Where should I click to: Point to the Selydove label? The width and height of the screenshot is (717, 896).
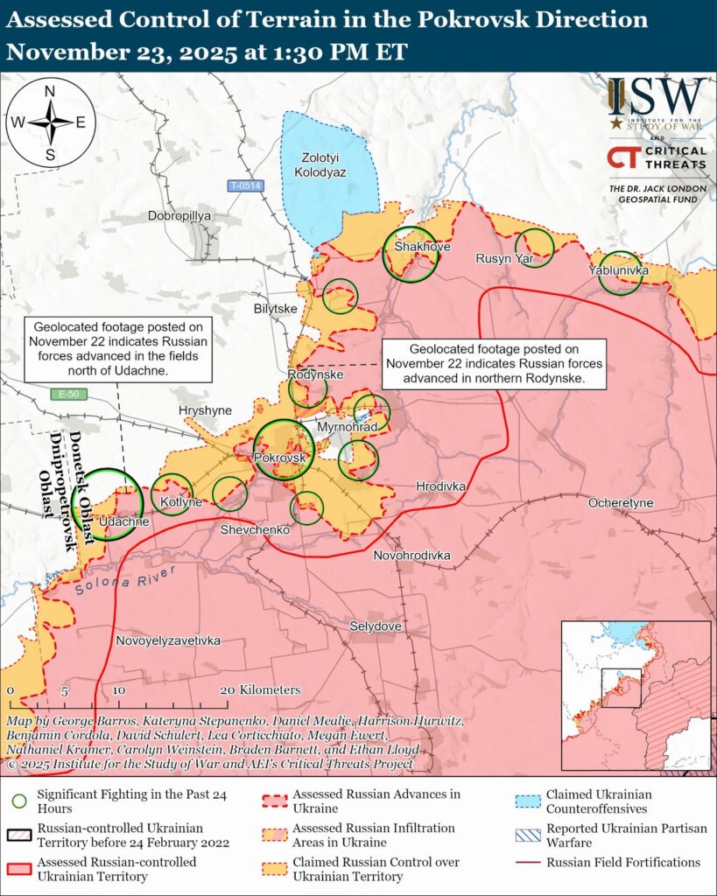pos(375,626)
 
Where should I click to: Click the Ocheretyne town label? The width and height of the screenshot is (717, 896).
pos(620,503)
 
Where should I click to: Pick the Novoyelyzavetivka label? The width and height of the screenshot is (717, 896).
pos(168,640)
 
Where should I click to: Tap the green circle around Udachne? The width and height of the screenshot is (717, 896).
pos(108,504)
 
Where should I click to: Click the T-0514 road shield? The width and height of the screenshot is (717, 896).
pos(245,185)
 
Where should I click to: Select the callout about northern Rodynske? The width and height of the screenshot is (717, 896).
pos(496,364)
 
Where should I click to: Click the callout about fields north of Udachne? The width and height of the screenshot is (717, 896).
pos(117,349)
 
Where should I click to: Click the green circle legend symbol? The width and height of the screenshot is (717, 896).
pos(18,801)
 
